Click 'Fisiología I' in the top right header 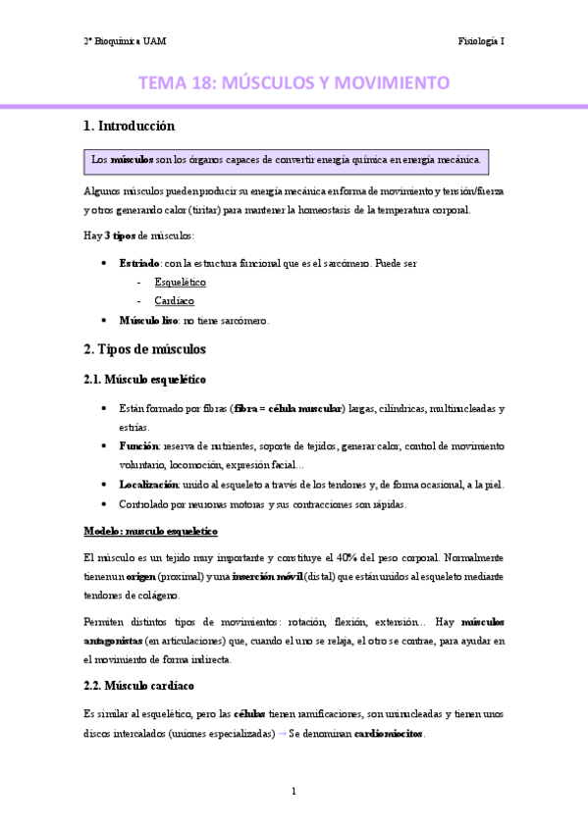point(481,41)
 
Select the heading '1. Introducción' point(129,127)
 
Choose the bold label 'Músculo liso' point(148,320)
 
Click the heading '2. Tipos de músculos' point(144,349)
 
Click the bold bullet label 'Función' point(140,445)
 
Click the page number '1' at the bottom point(294,791)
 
